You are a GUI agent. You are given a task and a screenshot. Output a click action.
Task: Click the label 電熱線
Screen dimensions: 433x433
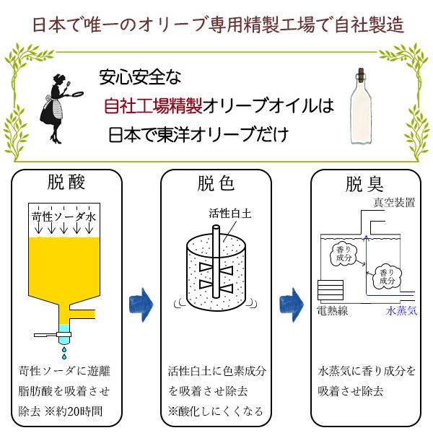(x=333, y=311)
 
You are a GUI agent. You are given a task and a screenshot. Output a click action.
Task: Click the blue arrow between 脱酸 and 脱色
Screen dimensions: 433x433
(x=141, y=305)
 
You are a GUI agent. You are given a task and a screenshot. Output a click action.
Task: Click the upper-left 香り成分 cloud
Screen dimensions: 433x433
(x=341, y=254)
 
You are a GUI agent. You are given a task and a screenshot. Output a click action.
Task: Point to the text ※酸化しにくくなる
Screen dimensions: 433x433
(x=214, y=411)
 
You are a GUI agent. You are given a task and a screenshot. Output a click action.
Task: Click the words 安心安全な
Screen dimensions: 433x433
(x=144, y=76)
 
